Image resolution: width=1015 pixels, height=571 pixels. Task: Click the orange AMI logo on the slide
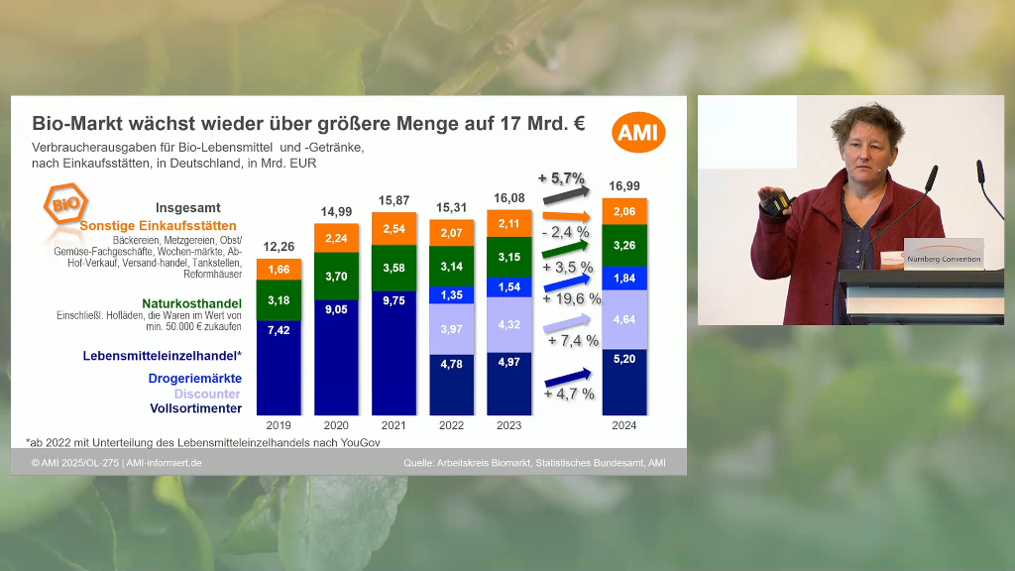click(639, 133)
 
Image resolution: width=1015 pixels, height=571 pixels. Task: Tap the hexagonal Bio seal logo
click(65, 205)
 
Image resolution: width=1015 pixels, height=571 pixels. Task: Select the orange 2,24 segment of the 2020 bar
click(337, 238)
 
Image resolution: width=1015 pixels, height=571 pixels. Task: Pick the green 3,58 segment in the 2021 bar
click(394, 268)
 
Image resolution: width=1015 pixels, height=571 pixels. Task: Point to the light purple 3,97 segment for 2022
click(451, 329)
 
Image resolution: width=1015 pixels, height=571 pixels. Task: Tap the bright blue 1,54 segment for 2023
click(508, 287)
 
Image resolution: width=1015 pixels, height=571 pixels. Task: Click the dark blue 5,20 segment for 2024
click(624, 382)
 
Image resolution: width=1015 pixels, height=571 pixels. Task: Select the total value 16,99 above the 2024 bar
click(624, 185)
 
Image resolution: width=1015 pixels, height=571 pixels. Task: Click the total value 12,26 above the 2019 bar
click(279, 246)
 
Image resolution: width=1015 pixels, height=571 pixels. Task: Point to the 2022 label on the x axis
click(451, 425)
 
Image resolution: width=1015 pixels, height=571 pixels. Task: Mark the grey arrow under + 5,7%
click(566, 195)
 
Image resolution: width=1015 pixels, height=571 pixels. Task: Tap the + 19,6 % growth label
click(573, 298)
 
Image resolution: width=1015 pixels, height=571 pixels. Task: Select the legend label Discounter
click(207, 394)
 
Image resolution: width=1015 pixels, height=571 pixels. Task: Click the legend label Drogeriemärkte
click(195, 379)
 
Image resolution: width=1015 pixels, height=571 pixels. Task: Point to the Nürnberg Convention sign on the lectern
click(944, 259)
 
